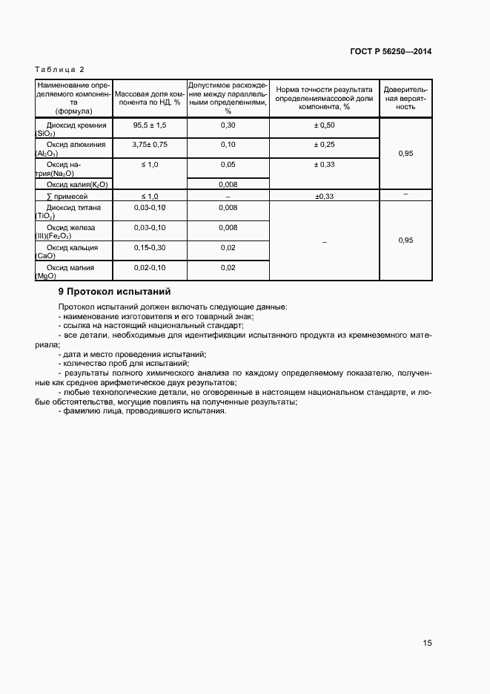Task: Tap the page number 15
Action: pyautogui.click(x=427, y=643)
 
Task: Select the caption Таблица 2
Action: pyautogui.click(x=60, y=69)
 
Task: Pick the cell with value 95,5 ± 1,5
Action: pyautogui.click(x=150, y=125)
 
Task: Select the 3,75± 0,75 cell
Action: pyautogui.click(x=150, y=145)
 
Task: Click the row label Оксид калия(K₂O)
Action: pyautogui.click(x=77, y=184)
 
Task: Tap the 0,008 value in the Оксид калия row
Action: pyautogui.click(x=228, y=184)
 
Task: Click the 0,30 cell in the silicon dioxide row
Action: pyautogui.click(x=228, y=125)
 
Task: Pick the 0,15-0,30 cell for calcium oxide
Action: pyautogui.click(x=150, y=247)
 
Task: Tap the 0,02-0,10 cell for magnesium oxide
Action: pyautogui.click(x=150, y=267)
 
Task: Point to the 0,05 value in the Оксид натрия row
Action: pyautogui.click(x=228, y=164)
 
